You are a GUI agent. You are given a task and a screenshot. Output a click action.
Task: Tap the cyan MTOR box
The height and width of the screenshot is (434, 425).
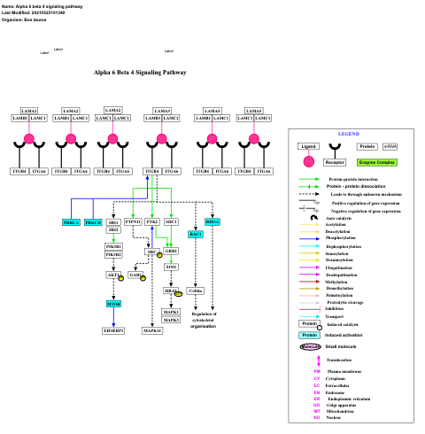click(x=113, y=303)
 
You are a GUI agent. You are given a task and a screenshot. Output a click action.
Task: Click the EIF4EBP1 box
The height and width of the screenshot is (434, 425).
click(x=113, y=330)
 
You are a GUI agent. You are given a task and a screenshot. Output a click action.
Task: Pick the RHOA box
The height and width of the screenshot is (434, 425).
click(x=212, y=221)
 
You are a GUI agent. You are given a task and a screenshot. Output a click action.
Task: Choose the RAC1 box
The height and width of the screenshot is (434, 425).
click(x=197, y=234)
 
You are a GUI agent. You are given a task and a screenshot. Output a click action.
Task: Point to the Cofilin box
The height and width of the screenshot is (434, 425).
click(x=197, y=291)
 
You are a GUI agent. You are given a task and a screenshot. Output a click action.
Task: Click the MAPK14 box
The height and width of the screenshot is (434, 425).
click(x=152, y=330)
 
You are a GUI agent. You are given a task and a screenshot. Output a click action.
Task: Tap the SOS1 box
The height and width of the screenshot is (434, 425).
click(x=171, y=267)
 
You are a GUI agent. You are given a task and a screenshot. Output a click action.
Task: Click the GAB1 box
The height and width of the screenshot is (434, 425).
click(x=135, y=275)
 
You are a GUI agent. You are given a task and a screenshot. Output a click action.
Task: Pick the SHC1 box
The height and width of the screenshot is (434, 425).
click(x=171, y=221)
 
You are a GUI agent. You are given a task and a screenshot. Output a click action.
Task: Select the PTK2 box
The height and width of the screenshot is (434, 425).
click(x=152, y=221)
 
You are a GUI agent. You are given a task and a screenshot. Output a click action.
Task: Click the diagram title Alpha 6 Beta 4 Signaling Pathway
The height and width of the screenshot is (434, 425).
click(x=140, y=71)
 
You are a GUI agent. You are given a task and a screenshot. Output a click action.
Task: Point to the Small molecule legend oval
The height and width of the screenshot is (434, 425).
click(x=309, y=346)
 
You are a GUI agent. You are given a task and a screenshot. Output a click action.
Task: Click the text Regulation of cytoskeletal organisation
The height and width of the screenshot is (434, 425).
click(x=204, y=320)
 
